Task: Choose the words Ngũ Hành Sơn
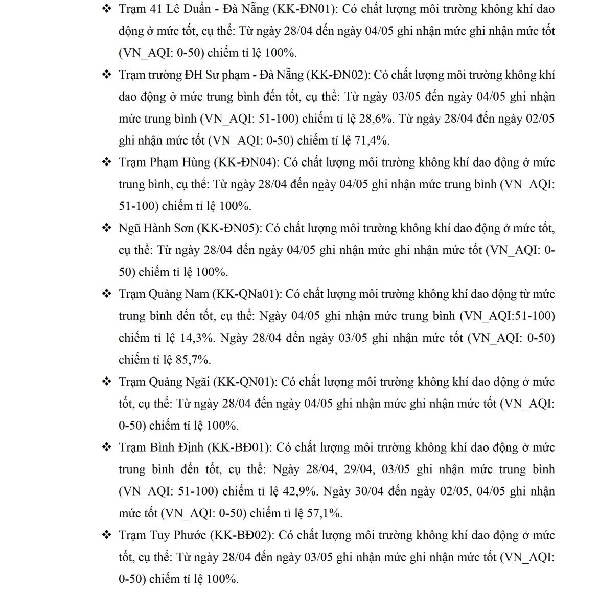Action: pyautogui.click(x=156, y=228)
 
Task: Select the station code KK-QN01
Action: pyautogui.click(x=245, y=382)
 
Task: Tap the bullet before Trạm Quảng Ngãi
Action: pyautogui.click(x=107, y=382)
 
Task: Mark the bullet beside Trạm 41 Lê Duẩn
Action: pyautogui.click(x=107, y=9)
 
